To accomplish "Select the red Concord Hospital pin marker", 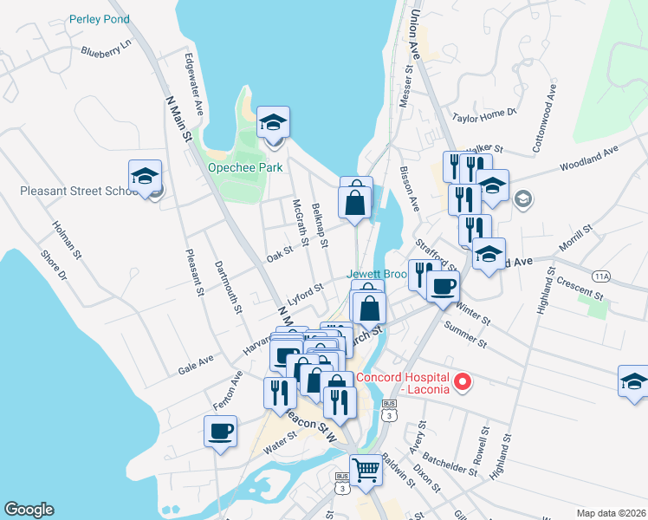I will pos(462,381).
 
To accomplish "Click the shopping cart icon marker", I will pos(366,470).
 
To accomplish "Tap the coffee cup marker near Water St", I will pos(220,430).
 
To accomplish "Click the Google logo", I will pos(29,510).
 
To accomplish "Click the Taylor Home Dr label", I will pos(484,113).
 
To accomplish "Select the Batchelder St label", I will pos(449,459).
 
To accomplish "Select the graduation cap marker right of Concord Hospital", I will pos(633,380).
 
